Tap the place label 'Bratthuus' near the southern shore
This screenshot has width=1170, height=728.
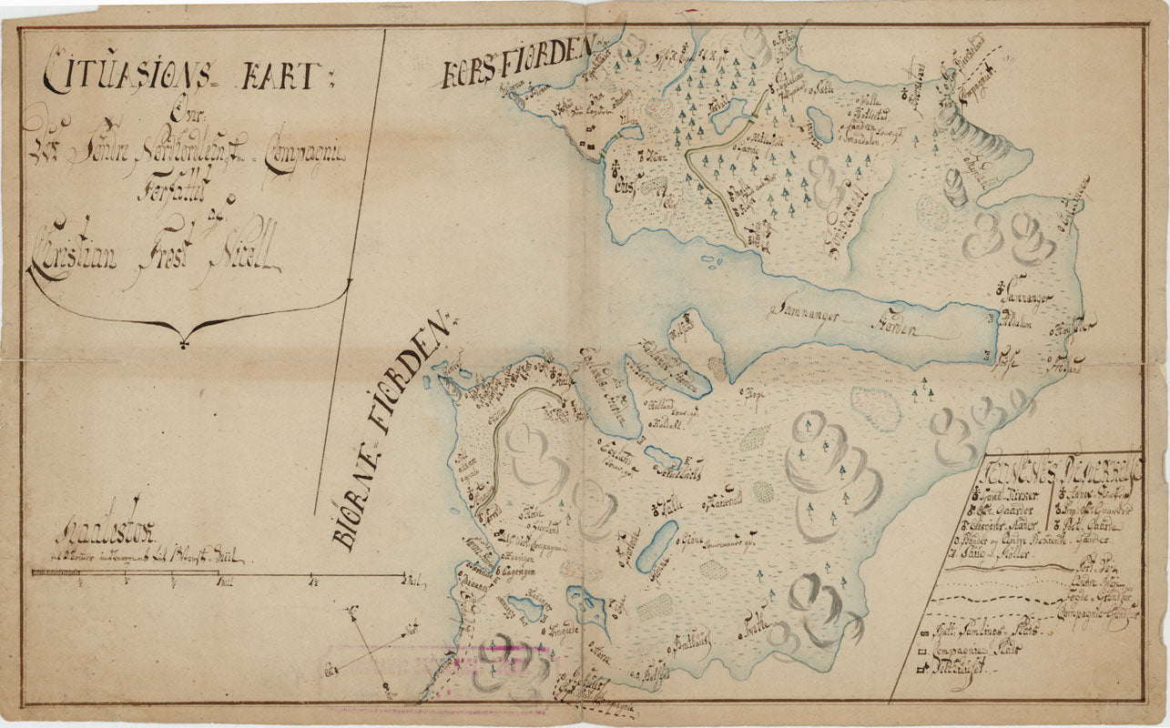pos(692,642)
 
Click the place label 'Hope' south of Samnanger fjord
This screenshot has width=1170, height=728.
pos(757,395)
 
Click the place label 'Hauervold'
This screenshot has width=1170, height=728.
pos(724,499)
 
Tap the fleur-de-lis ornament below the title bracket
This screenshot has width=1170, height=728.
pos(186,341)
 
